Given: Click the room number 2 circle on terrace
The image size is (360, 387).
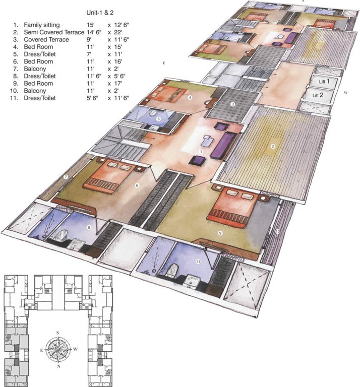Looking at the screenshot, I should [273, 147].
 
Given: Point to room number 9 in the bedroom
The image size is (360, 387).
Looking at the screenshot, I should [220, 232].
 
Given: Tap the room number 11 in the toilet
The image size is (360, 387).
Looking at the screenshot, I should [198, 261].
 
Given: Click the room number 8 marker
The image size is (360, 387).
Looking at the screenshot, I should [89, 228].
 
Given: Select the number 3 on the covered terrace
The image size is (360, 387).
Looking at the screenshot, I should [232, 104].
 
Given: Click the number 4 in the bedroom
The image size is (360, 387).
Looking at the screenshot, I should [190, 97].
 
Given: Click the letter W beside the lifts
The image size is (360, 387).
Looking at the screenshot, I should [345, 93].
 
